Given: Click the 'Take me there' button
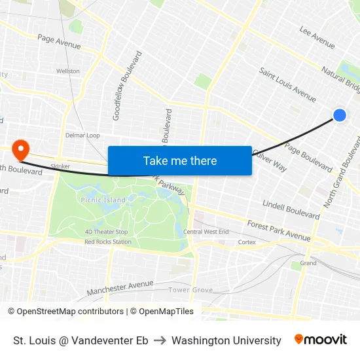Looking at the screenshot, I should coord(180,160).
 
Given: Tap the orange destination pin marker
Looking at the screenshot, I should coord(20,150).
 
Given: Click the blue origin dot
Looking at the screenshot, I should coord(340,115).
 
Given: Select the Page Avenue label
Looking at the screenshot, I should coord(59,42).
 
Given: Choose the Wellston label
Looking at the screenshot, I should coord(68,71).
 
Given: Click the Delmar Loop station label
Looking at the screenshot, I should coord(82,135).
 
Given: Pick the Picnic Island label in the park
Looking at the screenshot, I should coord(103,200).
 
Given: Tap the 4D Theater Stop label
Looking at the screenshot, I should coord(106,232).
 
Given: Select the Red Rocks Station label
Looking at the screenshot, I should coord(108,242).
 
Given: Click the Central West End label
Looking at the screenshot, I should coord(206,232).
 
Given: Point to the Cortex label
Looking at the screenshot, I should coord(247,242).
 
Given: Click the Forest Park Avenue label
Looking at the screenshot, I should coord(278,230).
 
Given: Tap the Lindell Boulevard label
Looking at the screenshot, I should coord(291,209).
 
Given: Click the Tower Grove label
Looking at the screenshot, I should coord(190,289).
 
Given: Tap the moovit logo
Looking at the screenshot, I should coord(321,340).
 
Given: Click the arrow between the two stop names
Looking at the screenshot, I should coord(160,340).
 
